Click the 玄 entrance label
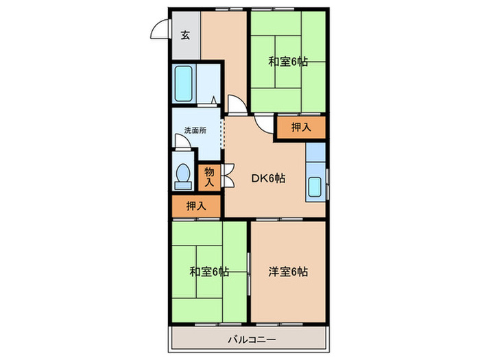185,36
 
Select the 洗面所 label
195,130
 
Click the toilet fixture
183,176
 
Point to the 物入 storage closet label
209,178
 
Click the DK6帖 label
267,178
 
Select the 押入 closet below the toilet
196,205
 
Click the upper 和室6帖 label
287,62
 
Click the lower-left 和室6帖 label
209,272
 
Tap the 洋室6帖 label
287,272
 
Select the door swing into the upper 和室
264,122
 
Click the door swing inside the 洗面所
182,141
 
